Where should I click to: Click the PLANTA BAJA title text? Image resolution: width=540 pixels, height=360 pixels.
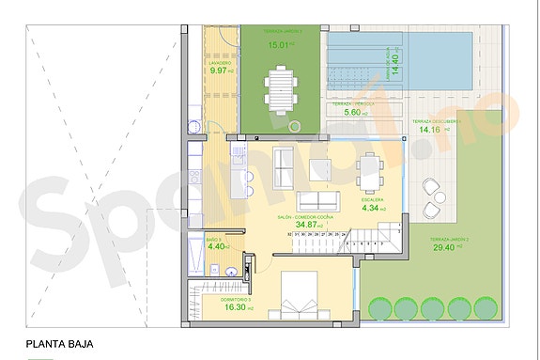(59, 344)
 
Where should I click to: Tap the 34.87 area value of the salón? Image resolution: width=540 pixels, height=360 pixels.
(305, 226)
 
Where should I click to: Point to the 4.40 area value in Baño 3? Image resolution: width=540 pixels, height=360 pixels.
(215, 247)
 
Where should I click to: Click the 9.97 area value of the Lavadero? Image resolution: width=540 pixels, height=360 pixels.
(218, 70)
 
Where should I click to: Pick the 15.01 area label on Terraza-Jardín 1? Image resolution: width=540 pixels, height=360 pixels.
(278, 43)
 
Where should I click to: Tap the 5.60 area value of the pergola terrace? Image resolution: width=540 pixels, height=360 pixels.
(353, 113)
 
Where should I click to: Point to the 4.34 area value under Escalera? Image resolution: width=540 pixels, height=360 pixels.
(373, 209)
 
